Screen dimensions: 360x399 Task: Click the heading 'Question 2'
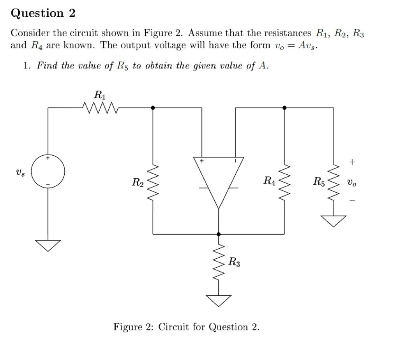[43, 13]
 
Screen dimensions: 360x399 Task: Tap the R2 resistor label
[138, 182]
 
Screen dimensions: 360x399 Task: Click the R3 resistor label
[234, 262]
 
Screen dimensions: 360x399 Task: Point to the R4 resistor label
[270, 181]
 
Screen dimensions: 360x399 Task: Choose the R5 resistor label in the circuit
[319, 181]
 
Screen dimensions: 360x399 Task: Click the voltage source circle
[48, 171]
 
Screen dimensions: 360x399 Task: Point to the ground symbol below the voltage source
[48, 245]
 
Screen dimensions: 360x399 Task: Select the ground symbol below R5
[333, 221]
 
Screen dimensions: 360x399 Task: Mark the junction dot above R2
[153, 107]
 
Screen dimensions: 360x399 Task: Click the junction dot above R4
[284, 107]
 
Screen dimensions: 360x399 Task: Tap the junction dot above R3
[218, 234]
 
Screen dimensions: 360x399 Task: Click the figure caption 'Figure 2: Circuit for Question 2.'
[186, 327]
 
